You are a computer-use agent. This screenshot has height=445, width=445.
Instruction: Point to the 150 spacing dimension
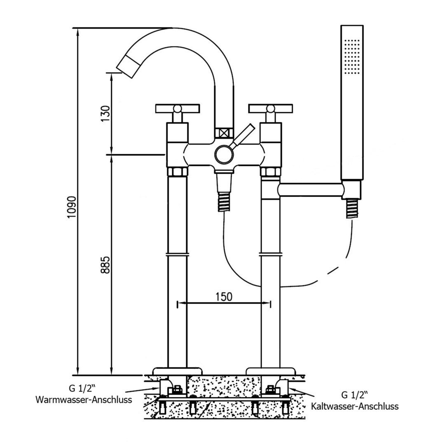click(223, 296)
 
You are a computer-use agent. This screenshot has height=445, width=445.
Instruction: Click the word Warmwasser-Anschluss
click(83, 399)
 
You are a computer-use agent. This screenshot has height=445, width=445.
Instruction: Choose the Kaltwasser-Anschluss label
click(355, 407)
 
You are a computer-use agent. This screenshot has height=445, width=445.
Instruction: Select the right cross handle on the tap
click(270, 109)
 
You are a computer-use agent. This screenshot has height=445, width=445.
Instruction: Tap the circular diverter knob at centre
click(223, 155)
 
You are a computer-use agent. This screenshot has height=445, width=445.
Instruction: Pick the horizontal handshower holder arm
click(311, 190)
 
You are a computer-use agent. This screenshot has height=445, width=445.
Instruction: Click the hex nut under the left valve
click(177, 172)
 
